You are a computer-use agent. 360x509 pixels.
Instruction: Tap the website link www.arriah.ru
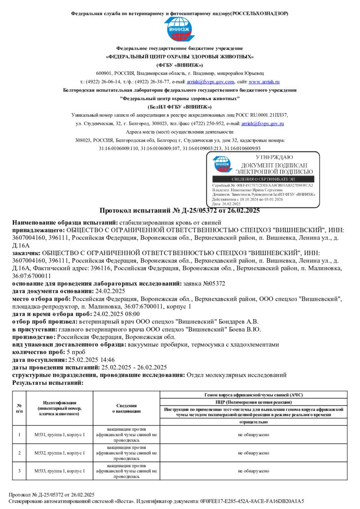pyautogui.click(x=264, y=82)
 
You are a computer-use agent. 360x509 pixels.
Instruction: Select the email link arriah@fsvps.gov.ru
pyautogui.click(x=262, y=123)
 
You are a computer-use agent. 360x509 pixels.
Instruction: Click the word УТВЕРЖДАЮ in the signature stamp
pyautogui.click(x=274, y=157)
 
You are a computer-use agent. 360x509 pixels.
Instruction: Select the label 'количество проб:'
pyautogui.click(x=36, y=353)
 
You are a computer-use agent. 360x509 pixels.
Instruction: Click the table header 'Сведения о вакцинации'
pyautogui.click(x=126, y=408)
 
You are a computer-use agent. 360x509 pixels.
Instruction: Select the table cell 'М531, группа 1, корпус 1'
pyautogui.click(x=59, y=435)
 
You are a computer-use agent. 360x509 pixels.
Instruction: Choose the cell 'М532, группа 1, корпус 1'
pyautogui.click(x=59, y=453)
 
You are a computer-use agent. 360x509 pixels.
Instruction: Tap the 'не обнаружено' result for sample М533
pyautogui.click(x=253, y=471)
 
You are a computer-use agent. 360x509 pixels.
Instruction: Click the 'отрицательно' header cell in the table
pyautogui.click(x=253, y=423)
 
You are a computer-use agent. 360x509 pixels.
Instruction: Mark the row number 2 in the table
pyautogui.click(x=19, y=453)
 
